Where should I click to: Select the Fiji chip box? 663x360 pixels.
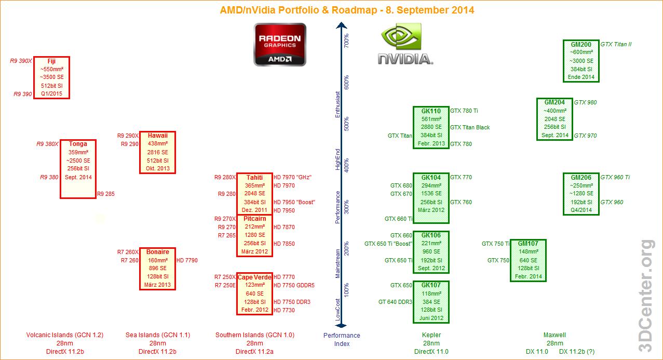point(51,77)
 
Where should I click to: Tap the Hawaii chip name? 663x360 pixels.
point(157,136)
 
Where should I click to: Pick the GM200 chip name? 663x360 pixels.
point(581,45)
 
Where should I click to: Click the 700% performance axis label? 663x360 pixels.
point(346,40)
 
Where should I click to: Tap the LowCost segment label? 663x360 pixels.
point(337,310)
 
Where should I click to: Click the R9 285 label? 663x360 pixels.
point(106,194)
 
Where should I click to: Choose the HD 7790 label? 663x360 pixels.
point(187,260)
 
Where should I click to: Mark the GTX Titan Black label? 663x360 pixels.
point(470,127)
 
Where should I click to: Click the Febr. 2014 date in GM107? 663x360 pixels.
point(528,276)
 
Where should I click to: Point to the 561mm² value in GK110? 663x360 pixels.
point(431,119)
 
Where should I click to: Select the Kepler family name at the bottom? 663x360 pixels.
point(431,335)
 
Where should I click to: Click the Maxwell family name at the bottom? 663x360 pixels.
point(554,335)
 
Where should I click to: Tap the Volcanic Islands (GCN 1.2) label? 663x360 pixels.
point(65,335)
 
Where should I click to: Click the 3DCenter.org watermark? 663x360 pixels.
point(647,296)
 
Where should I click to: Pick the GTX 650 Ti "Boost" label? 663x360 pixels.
point(388,244)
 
